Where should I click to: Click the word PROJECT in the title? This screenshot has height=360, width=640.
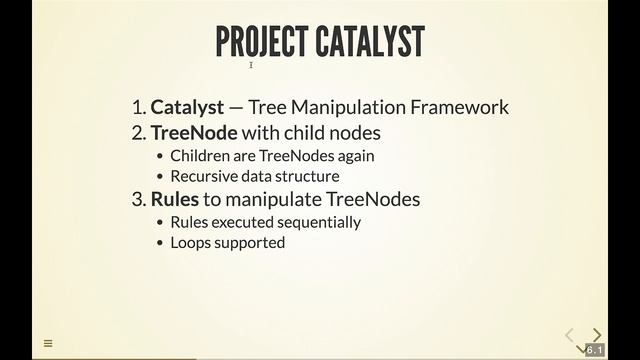tap(262, 42)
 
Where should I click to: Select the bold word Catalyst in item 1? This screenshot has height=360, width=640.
tap(185, 107)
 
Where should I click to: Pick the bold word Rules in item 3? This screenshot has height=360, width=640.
tap(174, 199)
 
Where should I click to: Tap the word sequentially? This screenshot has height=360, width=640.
tap(317, 222)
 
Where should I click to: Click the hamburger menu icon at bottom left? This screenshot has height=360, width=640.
tap(47, 343)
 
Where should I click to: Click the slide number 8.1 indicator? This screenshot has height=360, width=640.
tap(594, 350)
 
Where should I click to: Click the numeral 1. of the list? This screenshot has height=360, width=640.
tap(138, 107)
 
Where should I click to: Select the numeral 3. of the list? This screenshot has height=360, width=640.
tap(138, 199)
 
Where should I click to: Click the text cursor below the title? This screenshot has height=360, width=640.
tap(251, 66)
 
